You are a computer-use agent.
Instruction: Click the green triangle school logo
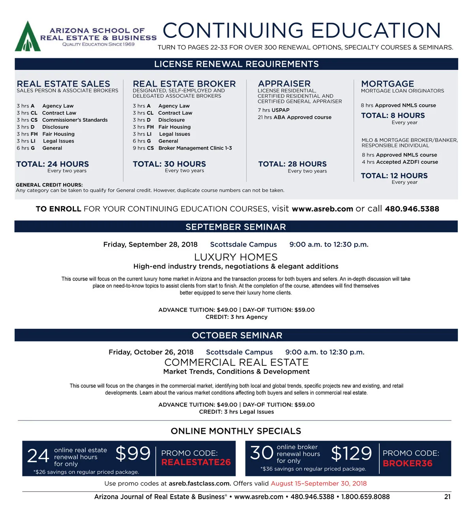[x=28, y=37]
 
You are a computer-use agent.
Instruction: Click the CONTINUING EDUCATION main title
[x=301, y=30]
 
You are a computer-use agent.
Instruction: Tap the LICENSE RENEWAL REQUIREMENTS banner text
[x=236, y=64]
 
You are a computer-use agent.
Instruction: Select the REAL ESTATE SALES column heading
[x=63, y=84]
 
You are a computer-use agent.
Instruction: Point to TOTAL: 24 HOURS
[x=53, y=164]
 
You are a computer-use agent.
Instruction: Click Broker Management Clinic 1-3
[x=195, y=148]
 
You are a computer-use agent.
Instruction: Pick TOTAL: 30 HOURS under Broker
[x=169, y=164]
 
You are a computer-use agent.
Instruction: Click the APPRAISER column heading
[x=284, y=84]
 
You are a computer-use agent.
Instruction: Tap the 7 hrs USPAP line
[x=273, y=110]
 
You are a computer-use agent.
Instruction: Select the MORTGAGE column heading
[x=387, y=84]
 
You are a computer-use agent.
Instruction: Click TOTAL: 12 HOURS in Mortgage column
[x=394, y=176]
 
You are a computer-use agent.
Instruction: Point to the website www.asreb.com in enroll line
[x=322, y=209]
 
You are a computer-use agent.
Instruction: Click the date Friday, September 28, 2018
[x=150, y=245]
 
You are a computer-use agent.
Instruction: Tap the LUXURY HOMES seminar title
[x=236, y=257]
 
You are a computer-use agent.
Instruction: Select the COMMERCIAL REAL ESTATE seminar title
[x=236, y=362]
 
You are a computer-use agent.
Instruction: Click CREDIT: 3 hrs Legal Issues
[x=236, y=412]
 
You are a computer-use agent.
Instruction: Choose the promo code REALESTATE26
[x=196, y=462]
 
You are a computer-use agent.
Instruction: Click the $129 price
[x=351, y=454]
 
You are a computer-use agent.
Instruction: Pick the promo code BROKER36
[x=408, y=463]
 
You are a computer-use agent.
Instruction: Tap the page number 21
[x=447, y=497]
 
